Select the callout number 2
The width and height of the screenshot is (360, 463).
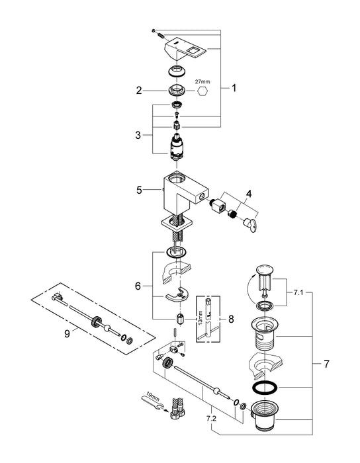pos(140,91)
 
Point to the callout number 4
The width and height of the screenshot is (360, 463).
pos(248,193)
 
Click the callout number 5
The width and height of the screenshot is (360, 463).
pos(140,190)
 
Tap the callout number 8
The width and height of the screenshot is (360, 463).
pos(230,319)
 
